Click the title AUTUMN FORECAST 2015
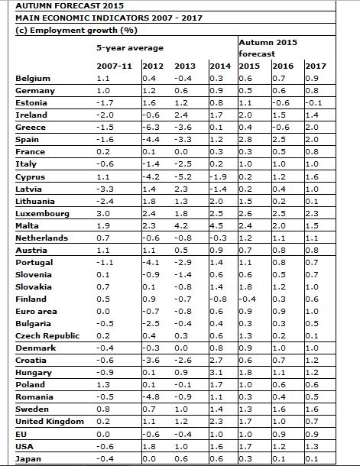pos(70,5)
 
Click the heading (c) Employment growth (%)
pos(76,31)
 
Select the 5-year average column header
pos(130,48)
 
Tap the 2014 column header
pos(220,66)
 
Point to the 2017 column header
pos(316,66)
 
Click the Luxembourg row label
pos(42,214)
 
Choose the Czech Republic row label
pos(47,336)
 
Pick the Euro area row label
pos(36,312)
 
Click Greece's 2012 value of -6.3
pos(151,128)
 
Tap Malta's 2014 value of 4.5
pos(216,226)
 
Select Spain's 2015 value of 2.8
pos(245,140)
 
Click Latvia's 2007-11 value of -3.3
pos(105,189)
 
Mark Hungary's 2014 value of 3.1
pos(216,373)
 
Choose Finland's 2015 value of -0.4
pos(248,299)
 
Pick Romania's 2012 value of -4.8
pos(151,397)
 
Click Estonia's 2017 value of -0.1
pos(313,103)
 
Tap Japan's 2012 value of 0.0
pos(149,458)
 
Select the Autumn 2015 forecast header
pos(268,48)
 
